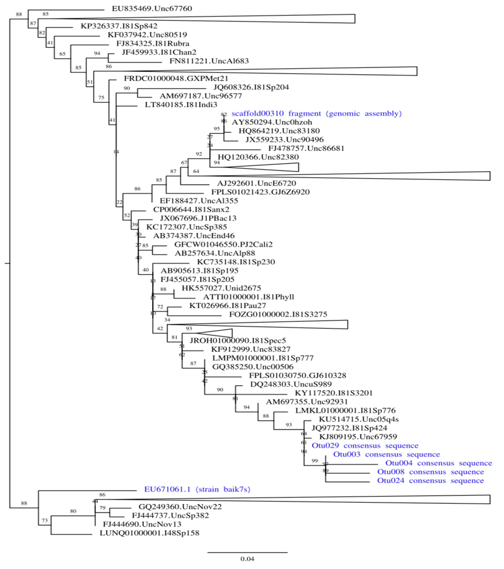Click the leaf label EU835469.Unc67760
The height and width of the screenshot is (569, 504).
click(x=152, y=9)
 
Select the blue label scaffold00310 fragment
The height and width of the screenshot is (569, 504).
click(x=316, y=114)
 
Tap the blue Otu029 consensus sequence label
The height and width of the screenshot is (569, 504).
click(x=365, y=446)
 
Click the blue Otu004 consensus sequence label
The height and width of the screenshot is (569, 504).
click(x=439, y=463)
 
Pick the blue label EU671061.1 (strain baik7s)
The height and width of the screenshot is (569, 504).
click(x=197, y=489)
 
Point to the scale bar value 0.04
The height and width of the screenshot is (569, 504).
click(x=247, y=559)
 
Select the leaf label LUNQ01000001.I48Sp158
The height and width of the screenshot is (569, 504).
click(x=149, y=533)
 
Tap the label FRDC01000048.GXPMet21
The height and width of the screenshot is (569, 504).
click(x=176, y=79)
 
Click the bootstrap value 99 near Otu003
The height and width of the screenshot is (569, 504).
click(x=315, y=461)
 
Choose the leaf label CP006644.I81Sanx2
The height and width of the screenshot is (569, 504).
click(x=191, y=209)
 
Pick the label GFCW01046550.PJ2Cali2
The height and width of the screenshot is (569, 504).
click(x=223, y=244)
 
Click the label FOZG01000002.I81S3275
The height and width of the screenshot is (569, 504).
click(x=278, y=314)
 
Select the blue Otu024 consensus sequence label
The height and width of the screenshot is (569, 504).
click(x=430, y=481)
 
